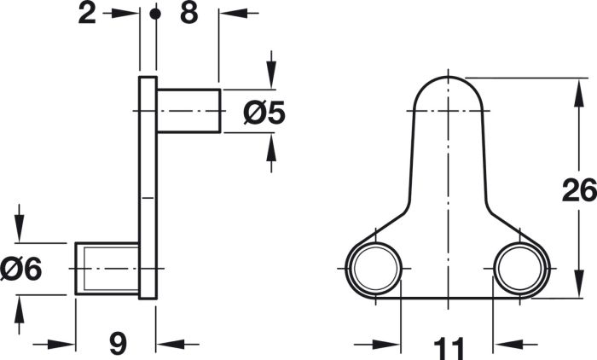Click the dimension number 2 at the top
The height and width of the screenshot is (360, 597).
coord(87,14)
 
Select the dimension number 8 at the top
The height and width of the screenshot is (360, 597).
coord(189,14)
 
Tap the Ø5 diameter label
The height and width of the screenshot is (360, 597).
coord(264,113)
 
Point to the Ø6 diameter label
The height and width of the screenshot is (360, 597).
coord(21,269)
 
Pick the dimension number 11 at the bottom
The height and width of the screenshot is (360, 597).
coord(449,348)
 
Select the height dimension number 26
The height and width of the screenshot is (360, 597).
coord(579,189)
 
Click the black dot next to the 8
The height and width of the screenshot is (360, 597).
coord(155,15)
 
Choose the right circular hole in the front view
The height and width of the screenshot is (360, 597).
coord(520,268)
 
